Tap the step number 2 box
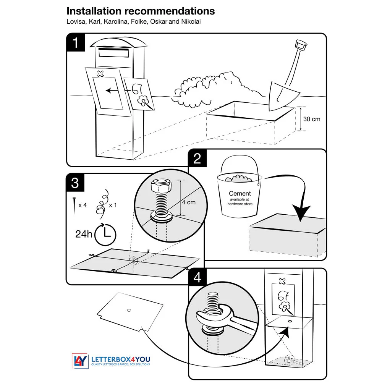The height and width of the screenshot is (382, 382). point(197,158)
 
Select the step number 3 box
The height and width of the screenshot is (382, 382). point(75,183)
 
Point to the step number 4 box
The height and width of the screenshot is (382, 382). point(197,277)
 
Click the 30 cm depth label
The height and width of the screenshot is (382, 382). point(312,119)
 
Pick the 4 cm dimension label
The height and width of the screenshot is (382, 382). point(188,202)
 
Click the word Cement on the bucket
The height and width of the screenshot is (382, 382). point(240,194)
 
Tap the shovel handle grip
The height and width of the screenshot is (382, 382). point(302,44)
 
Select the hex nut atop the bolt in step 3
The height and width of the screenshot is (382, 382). point(160,186)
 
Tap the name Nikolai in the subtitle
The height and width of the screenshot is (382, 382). point(191,21)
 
